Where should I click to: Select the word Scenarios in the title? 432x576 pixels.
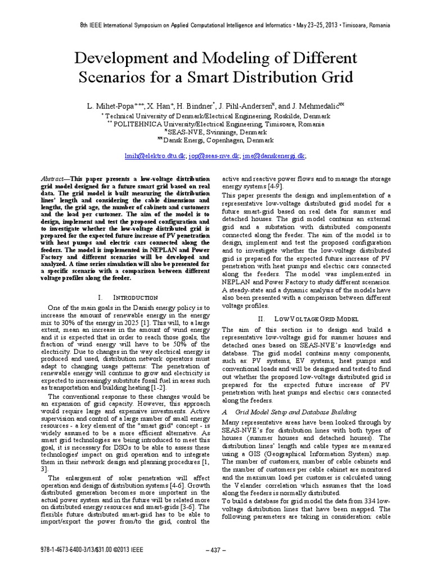click(x=118, y=78)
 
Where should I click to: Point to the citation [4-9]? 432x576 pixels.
click(x=272, y=186)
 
